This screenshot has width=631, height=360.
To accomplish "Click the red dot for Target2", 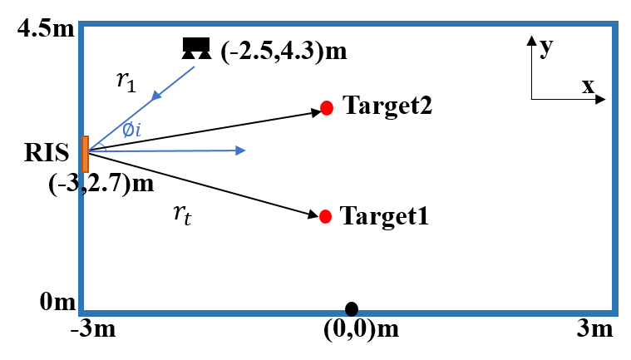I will click(x=327, y=108).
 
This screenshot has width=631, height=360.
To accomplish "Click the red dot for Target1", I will click(x=325, y=216).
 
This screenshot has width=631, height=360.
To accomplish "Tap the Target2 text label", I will click(x=387, y=106).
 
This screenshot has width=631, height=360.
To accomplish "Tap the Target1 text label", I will click(x=384, y=216).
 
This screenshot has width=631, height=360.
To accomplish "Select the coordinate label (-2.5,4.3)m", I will click(x=283, y=52).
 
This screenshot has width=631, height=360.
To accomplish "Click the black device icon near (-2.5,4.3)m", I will click(x=196, y=48).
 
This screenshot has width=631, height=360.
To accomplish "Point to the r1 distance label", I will click(x=126, y=81).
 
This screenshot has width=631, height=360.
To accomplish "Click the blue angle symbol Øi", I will click(x=131, y=129).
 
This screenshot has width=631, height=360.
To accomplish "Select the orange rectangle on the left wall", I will click(x=85, y=154).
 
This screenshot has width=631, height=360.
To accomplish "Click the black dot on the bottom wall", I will click(x=352, y=309).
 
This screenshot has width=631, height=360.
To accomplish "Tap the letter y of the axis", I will click(x=546, y=47).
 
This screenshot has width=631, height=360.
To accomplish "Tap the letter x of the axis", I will click(x=588, y=86).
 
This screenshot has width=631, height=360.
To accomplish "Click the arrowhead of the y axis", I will click(x=531, y=40).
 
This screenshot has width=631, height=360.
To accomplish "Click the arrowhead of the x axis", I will click(x=600, y=100).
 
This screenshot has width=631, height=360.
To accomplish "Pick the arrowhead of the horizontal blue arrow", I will click(x=240, y=150).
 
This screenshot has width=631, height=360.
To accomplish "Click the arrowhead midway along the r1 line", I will click(x=156, y=96).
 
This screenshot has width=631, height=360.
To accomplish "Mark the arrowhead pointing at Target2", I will click(x=316, y=111).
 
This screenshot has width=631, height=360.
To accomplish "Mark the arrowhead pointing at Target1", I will click(x=314, y=214).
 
